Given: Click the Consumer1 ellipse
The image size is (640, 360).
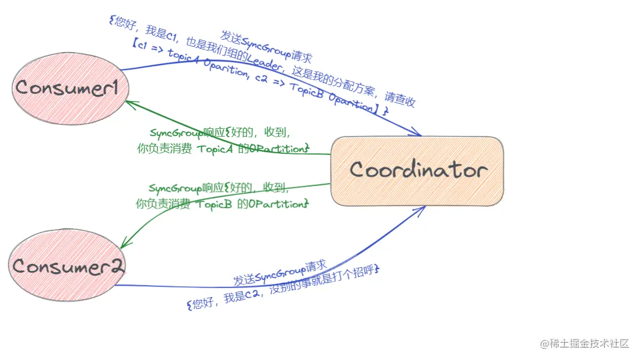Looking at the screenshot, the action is click(x=70, y=88).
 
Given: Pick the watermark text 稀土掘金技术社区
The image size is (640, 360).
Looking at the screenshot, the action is click(x=589, y=344).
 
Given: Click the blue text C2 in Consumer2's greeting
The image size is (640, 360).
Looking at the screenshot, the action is click(x=253, y=297).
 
